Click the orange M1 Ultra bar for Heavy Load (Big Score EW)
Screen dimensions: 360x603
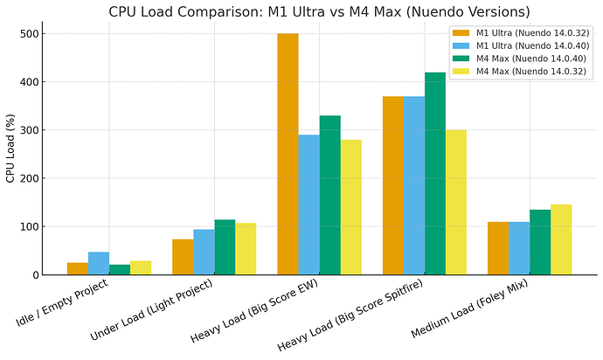coord(288,154)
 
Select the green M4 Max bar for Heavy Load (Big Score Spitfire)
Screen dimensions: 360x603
coord(434,173)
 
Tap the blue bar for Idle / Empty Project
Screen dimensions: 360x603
coord(99,263)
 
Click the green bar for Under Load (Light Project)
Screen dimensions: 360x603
coord(225,247)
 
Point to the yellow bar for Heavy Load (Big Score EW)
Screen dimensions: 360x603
coord(350,207)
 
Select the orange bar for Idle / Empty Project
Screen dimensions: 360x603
coord(78,268)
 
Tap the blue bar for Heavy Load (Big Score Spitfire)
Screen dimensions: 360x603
coord(413,185)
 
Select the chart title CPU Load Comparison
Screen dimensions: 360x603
coord(320,11)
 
